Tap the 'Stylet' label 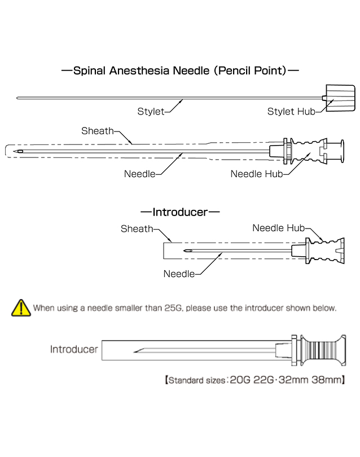(151, 111)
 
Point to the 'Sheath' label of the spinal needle (97, 131)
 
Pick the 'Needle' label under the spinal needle (139, 174)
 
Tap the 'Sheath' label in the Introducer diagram (137, 228)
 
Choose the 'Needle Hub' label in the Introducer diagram (278, 228)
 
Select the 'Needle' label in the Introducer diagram (179, 274)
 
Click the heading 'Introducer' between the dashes (180, 212)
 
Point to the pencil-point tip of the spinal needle (20, 152)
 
